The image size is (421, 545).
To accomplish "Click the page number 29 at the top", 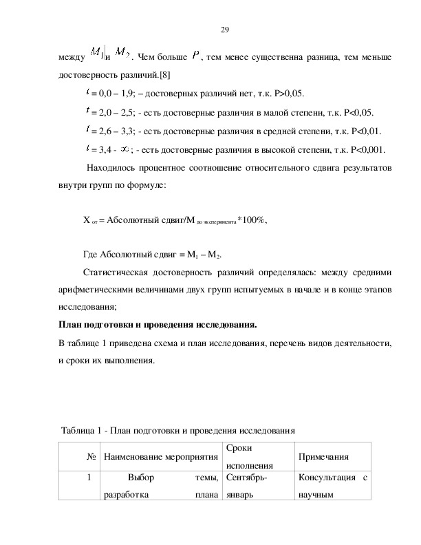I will click(224, 29).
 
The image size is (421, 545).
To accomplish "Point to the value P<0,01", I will click(366, 131).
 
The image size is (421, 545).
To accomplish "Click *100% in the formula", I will click(252, 220).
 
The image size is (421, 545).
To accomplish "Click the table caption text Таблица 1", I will click(83, 431).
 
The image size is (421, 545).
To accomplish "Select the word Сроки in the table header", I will click(237, 448).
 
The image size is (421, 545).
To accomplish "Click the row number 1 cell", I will click(89, 477).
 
